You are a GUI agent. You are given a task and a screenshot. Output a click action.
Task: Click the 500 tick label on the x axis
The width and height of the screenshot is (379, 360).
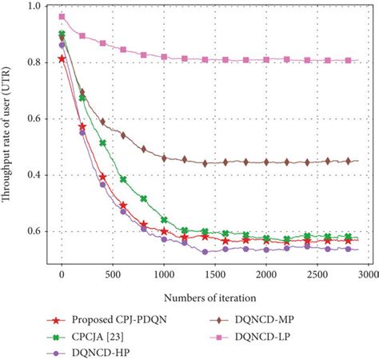click(112, 273)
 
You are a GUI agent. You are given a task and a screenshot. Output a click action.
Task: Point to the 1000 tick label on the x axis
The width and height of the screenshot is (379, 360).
click(163, 273)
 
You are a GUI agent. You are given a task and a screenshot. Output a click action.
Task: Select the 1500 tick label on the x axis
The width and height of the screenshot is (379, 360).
click(214, 273)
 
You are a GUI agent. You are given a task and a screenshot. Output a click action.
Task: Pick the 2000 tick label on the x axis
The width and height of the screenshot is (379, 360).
click(265, 273)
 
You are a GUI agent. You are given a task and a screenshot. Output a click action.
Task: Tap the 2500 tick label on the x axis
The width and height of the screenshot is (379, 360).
click(317, 273)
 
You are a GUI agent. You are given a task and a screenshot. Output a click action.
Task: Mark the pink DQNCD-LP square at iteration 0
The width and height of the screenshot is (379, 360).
click(62, 17)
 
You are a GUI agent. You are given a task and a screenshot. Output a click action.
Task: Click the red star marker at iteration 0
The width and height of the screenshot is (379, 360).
click(62, 58)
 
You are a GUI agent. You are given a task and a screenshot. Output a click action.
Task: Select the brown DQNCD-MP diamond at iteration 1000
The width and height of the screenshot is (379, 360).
click(164, 158)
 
